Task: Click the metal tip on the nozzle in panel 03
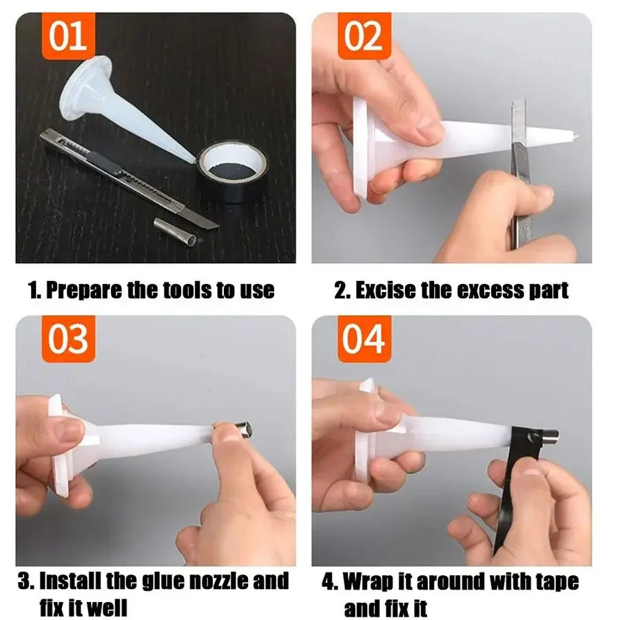238,431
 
